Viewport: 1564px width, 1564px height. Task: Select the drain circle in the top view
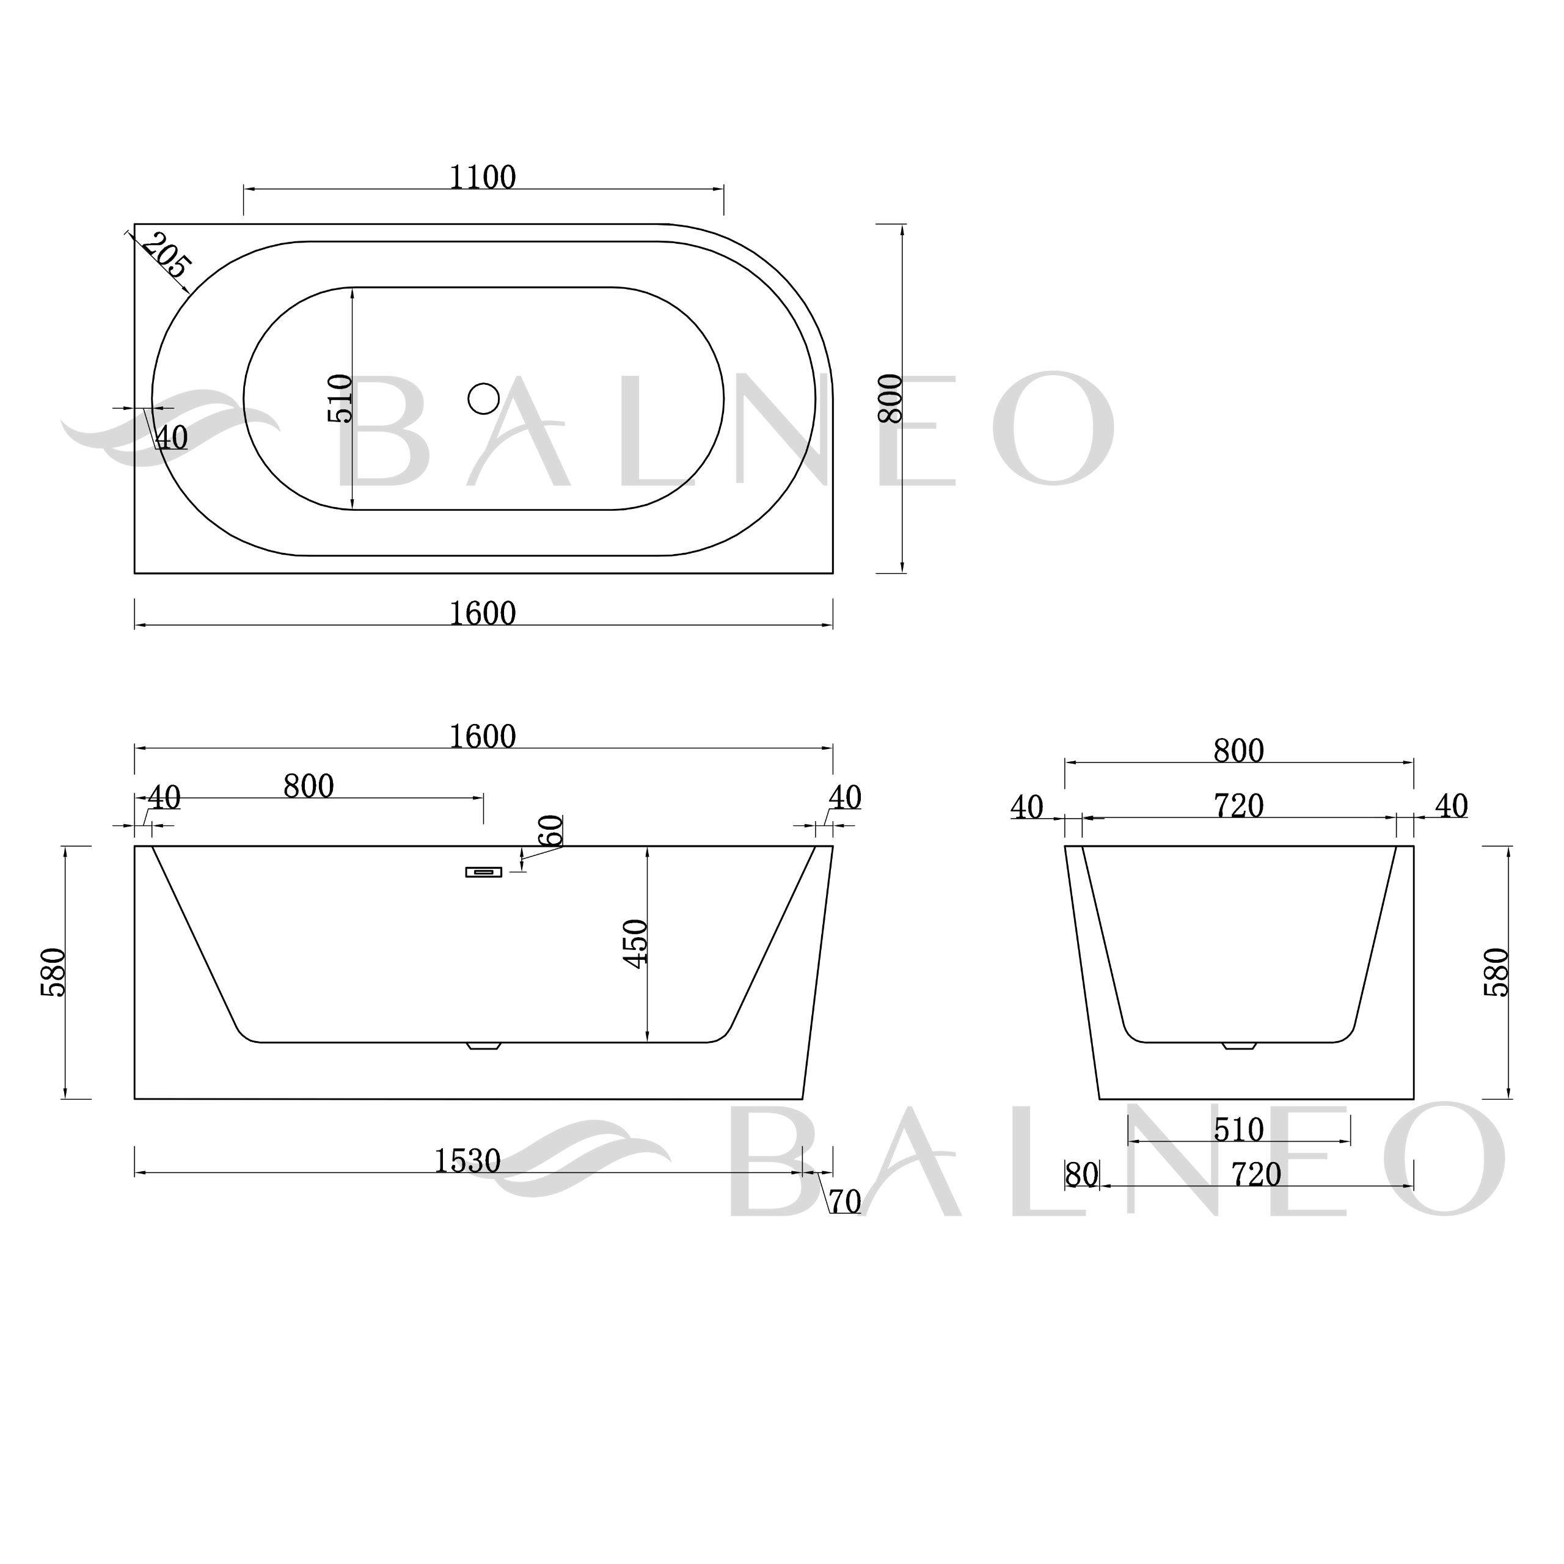click(x=483, y=398)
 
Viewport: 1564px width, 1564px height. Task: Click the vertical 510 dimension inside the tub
click(x=340, y=398)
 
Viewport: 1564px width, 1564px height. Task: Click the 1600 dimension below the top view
click(x=483, y=613)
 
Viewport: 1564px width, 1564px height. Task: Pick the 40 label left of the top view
click(x=172, y=438)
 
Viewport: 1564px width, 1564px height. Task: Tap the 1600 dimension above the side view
click(x=483, y=737)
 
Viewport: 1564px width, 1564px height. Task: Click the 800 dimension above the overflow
click(x=309, y=786)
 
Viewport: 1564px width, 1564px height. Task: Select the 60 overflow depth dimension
click(x=550, y=831)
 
